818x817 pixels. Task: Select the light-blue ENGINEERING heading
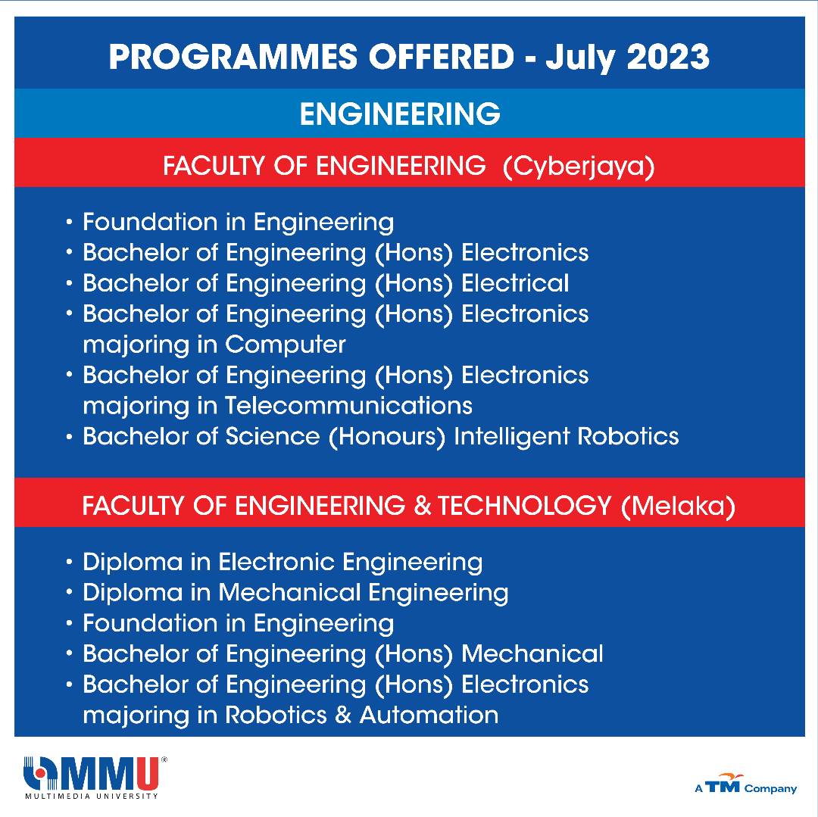pos(400,114)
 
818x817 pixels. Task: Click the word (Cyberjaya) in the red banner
pos(579,167)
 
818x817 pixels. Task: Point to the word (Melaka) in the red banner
pos(678,506)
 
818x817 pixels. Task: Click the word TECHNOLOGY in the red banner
pos(524,505)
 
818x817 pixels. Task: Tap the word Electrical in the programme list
pos(516,283)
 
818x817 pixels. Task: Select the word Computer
pos(286,345)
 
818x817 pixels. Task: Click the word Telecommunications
pos(348,406)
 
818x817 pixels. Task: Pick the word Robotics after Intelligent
pos(628,436)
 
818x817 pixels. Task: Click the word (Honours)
pos(387,437)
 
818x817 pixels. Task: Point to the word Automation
pos(429,715)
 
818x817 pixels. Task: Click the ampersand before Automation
pos(343,715)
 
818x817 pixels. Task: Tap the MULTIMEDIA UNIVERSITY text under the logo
pos(92,796)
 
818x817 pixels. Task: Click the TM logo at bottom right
pos(723,784)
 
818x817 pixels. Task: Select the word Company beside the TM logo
pos(770,789)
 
